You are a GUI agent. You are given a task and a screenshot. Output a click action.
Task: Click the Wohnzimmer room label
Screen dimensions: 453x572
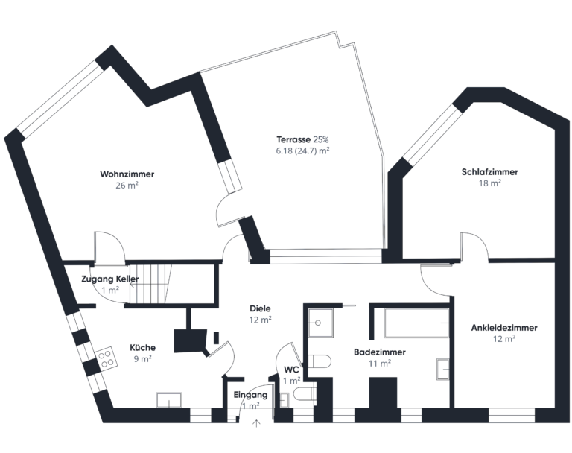pyautogui.click(x=127, y=174)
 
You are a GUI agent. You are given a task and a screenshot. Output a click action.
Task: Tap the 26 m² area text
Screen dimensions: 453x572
pyautogui.click(x=127, y=186)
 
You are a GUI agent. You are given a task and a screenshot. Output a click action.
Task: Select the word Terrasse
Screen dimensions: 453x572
pyautogui.click(x=293, y=139)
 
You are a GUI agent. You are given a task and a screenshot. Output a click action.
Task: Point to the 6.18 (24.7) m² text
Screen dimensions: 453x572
pyautogui.click(x=302, y=151)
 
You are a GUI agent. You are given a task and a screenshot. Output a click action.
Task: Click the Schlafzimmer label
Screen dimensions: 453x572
pyautogui.click(x=489, y=172)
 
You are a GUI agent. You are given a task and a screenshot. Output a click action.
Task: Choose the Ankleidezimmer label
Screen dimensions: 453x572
pyautogui.click(x=504, y=327)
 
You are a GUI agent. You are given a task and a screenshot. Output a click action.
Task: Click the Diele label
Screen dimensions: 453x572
pyautogui.click(x=260, y=308)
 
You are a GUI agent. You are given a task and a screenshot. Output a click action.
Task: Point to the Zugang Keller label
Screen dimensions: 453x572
pyautogui.click(x=109, y=279)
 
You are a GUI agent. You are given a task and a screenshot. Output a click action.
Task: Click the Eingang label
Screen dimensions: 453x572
pyautogui.click(x=250, y=395)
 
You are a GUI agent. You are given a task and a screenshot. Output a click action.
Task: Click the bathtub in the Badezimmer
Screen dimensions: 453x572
pyautogui.click(x=416, y=323)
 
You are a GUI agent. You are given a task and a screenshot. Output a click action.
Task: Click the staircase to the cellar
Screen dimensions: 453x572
pyautogui.click(x=153, y=284)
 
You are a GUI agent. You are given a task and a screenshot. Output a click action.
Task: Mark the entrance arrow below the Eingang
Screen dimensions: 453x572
pyautogui.click(x=257, y=425)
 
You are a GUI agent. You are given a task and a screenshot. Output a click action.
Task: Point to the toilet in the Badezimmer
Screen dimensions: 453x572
pyautogui.click(x=320, y=362)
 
